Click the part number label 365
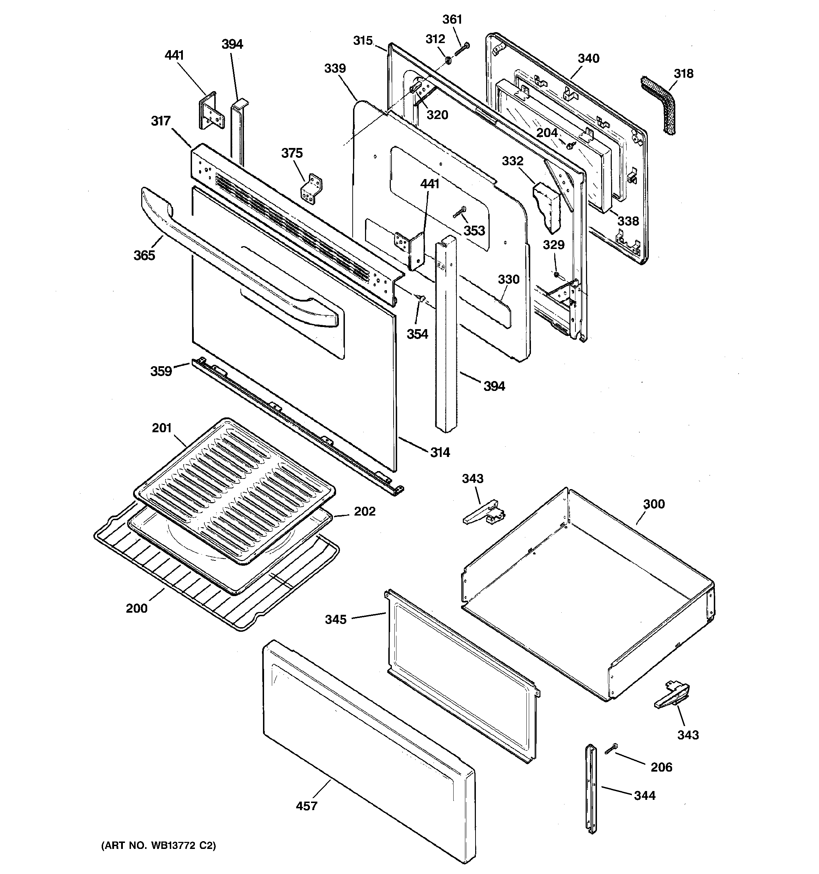coord(144,255)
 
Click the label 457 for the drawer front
coord(306,806)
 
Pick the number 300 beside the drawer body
coord(654,504)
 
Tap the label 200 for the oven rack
coord(137,608)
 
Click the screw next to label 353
coord(459,212)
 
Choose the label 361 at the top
coord(452,19)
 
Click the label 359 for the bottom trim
coord(161,371)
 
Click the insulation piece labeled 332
coord(547,207)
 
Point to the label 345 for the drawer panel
coord(336,619)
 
